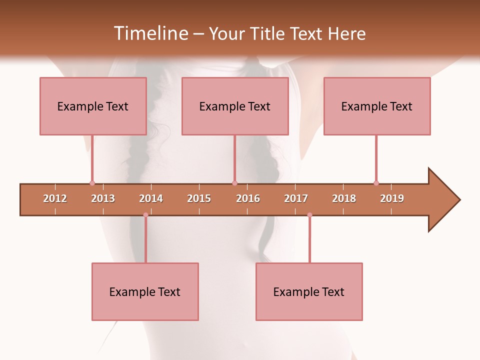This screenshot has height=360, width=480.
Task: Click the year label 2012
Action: click(55, 198)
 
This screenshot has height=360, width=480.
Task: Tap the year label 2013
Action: click(103, 198)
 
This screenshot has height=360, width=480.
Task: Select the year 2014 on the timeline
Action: click(151, 198)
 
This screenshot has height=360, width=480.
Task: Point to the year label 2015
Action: click(199, 198)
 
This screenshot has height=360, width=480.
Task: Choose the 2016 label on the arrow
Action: click(248, 198)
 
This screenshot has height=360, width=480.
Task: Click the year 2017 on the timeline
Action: click(296, 198)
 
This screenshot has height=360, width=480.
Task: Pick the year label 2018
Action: click(344, 198)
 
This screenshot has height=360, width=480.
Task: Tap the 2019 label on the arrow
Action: click(392, 198)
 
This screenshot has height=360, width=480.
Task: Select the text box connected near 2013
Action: click(93, 106)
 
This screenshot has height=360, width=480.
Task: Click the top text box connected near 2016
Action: click(235, 106)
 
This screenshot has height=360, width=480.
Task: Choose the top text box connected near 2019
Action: click(377, 106)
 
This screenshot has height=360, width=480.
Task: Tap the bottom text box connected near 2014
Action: click(145, 291)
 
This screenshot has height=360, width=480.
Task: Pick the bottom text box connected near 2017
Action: click(309, 291)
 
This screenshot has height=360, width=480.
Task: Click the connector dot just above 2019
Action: click(376, 183)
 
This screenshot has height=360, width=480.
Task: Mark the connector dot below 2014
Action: click(145, 215)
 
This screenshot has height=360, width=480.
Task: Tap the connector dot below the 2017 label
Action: click(309, 215)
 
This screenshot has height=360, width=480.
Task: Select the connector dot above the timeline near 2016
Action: click(234, 183)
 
